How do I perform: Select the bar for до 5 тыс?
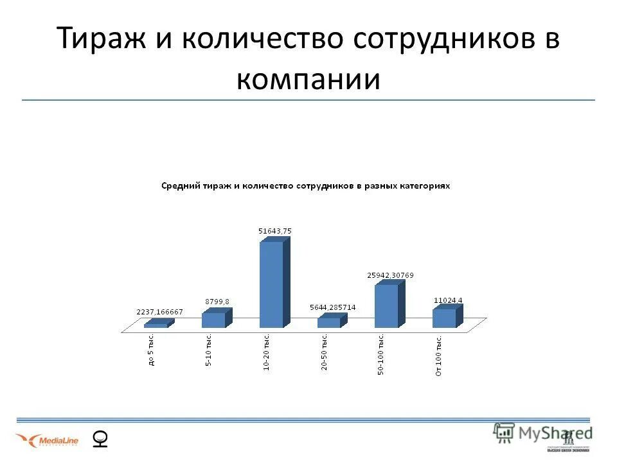point(156,325)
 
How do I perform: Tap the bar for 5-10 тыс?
point(213,320)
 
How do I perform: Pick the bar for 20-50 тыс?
point(328,322)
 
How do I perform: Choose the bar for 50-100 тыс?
point(386,306)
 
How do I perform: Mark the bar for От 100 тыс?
point(444,318)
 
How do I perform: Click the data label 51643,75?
point(275,230)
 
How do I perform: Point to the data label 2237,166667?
point(159,312)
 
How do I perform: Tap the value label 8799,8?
point(217,301)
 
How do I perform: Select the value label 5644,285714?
point(332,307)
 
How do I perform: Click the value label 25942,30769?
point(390,275)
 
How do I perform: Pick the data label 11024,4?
point(448,300)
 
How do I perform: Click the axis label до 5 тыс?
point(152,350)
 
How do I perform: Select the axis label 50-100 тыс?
point(381,355)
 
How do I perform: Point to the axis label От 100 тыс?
point(438,355)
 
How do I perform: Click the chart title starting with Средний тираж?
point(305,185)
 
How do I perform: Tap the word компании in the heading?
point(308,80)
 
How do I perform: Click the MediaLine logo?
point(47,440)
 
